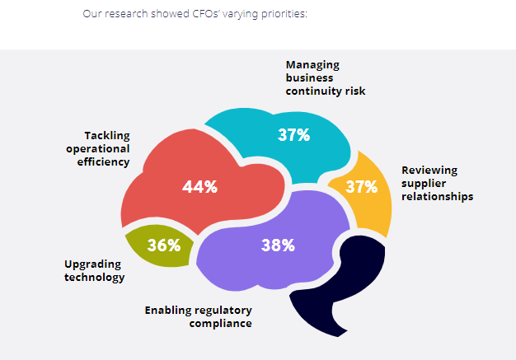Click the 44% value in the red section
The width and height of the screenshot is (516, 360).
199,187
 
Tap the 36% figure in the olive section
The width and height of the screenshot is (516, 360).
163,245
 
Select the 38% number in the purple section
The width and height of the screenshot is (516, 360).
278,245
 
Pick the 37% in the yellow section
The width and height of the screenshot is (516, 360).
361,186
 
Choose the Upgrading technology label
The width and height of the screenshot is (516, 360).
95,270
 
